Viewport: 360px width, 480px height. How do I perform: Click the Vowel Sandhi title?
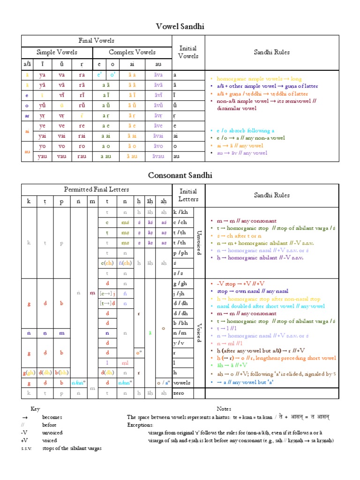click(x=180, y=27)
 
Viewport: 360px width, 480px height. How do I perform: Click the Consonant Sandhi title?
click(x=180, y=175)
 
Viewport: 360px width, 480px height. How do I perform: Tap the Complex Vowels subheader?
click(x=132, y=52)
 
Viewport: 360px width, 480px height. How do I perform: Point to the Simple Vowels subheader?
click(x=57, y=52)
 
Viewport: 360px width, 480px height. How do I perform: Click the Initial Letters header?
click(x=188, y=195)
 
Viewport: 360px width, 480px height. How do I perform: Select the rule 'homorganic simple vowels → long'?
click(x=255, y=79)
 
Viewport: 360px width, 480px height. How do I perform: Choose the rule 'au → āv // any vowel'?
click(x=242, y=153)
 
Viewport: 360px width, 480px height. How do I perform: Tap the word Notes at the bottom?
click(x=224, y=409)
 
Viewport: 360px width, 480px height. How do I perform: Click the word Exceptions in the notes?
click(x=140, y=425)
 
